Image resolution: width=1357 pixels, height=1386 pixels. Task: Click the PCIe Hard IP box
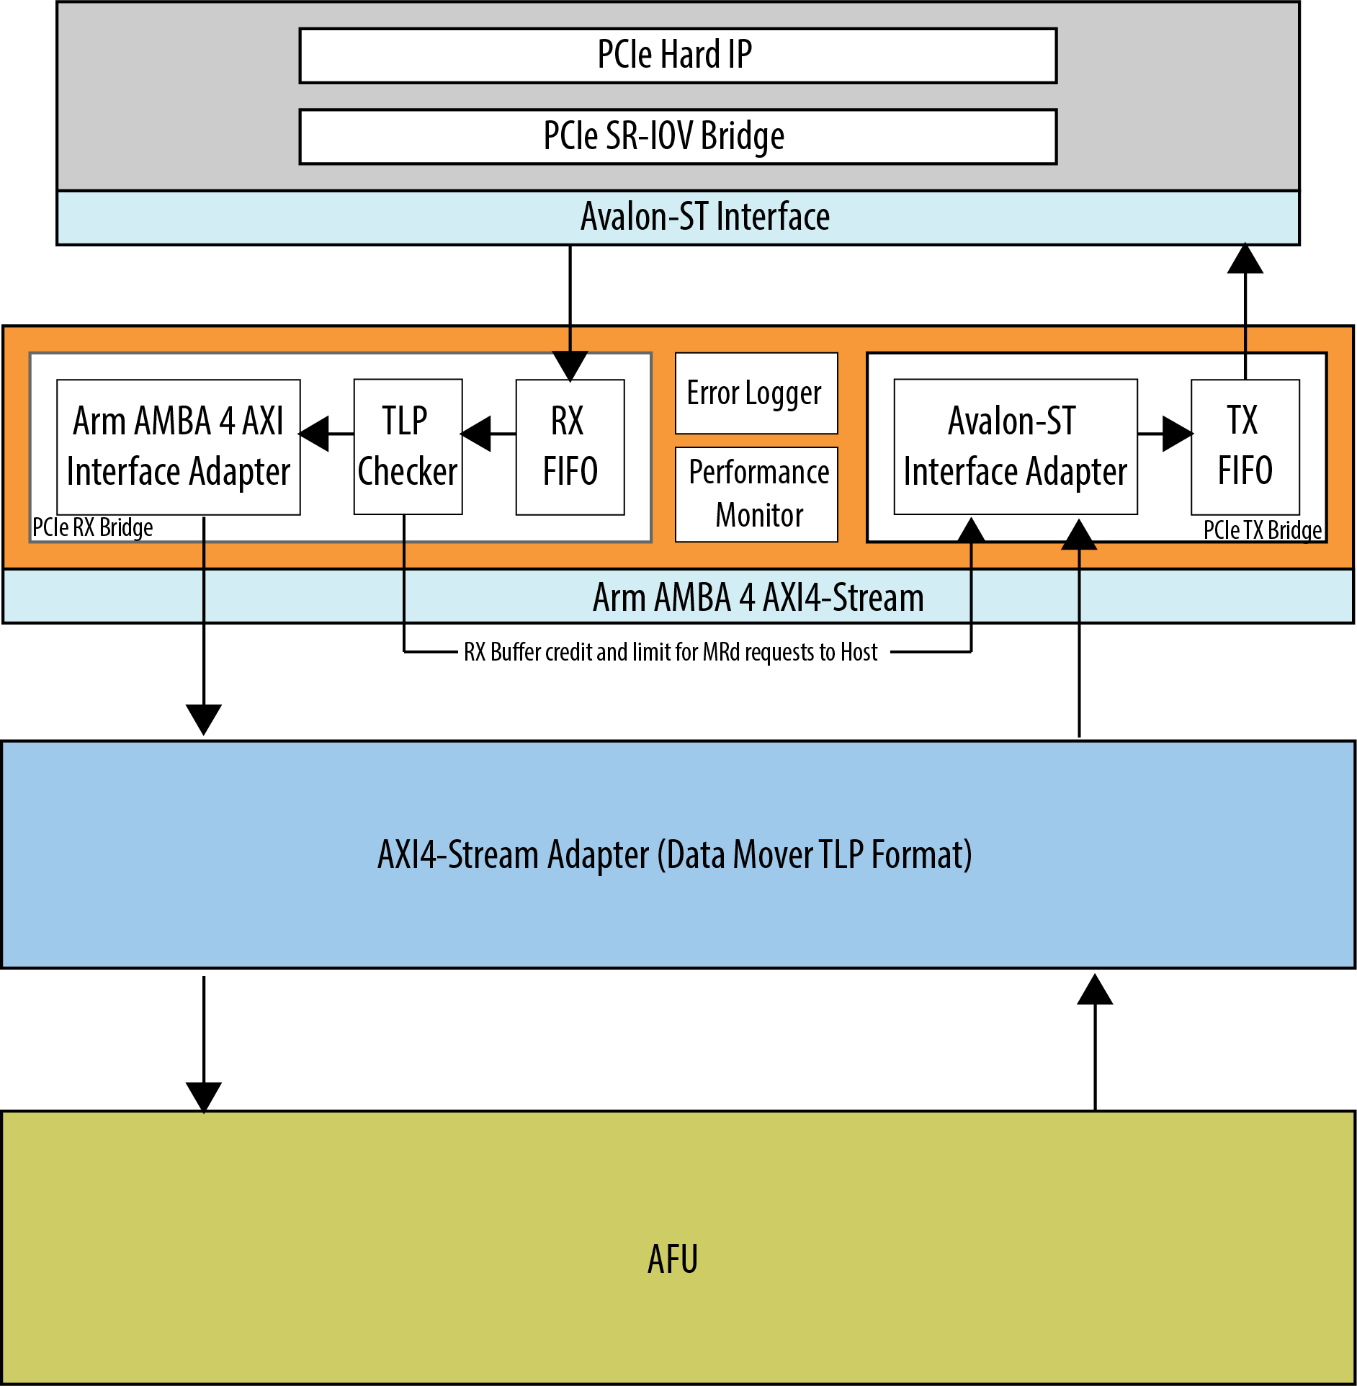point(677,55)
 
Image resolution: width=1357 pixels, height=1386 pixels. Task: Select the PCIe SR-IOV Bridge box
point(677,136)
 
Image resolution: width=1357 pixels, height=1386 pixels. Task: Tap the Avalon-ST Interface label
point(705,217)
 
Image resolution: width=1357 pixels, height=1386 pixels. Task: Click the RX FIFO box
point(570,447)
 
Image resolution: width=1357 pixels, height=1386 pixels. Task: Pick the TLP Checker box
point(407,447)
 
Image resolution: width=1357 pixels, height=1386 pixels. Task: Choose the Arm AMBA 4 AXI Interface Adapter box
point(178,447)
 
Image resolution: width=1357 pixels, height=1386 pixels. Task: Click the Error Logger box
point(756,393)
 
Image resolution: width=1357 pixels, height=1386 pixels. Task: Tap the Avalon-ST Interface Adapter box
point(1015,447)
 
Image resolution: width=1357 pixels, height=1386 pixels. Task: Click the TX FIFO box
point(1245,447)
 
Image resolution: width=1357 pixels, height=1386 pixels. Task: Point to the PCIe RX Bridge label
point(93,527)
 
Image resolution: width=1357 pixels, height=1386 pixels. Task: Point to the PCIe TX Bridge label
point(1262,530)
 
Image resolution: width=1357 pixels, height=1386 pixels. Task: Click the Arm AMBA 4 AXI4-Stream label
point(758,597)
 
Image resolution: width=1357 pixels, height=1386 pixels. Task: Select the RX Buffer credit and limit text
point(671,652)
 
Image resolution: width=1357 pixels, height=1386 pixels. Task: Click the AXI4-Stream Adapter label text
point(675,855)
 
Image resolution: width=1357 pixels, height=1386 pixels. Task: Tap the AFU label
point(673,1259)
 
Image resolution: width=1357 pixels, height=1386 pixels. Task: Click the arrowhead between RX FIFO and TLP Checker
point(477,434)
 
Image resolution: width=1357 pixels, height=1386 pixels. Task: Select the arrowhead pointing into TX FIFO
point(1178,434)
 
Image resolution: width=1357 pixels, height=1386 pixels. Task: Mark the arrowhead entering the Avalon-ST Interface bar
point(1245,259)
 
